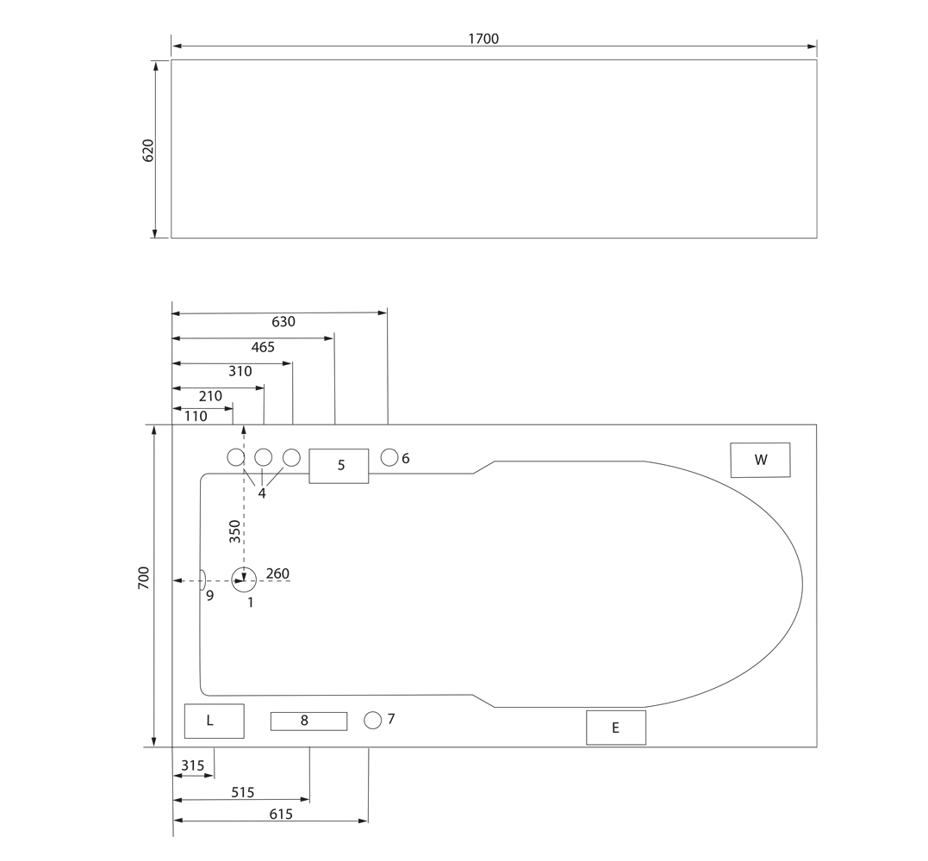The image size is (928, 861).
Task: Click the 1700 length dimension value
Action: coord(483,39)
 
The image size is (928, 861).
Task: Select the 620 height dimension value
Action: coord(148,150)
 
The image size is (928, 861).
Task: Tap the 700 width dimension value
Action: coord(144,577)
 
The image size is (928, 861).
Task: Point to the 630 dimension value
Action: coord(283,322)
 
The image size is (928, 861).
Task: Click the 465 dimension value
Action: coord(263,347)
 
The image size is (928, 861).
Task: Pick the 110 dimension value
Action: coord(196,417)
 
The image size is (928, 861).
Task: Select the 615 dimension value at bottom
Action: coord(281,815)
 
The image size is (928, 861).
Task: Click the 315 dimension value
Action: coord(193,765)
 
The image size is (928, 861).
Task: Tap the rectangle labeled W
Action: coord(760,460)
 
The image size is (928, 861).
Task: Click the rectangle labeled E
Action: coord(616,728)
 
